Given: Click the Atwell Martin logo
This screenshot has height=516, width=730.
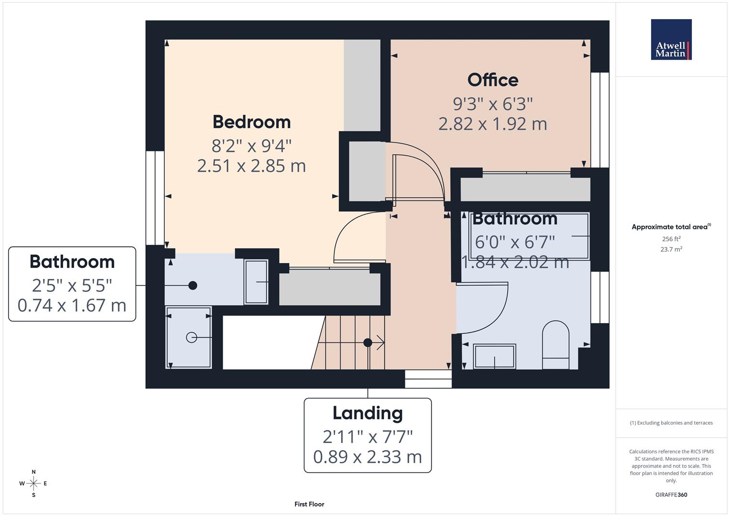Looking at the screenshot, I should click(x=671, y=40).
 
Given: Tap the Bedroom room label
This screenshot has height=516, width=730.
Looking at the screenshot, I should click(x=251, y=122).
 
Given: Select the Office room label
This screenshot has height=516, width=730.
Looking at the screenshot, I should click(x=492, y=80).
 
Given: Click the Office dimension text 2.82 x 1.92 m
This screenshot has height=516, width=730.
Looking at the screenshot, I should click(x=492, y=124).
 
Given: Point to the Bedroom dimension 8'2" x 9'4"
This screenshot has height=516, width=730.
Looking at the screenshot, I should click(x=251, y=144).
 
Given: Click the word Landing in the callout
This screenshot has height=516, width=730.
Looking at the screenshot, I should click(x=367, y=413).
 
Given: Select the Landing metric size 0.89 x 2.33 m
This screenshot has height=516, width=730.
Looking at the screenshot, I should click(x=367, y=457).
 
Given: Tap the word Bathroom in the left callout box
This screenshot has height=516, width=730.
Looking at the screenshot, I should click(x=72, y=262).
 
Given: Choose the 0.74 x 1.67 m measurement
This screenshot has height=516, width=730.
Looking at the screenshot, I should click(x=72, y=305).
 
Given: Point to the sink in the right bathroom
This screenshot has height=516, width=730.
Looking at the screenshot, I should click(x=494, y=356).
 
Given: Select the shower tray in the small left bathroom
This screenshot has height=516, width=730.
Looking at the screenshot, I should click(x=188, y=337).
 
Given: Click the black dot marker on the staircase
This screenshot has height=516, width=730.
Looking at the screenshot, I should click(x=367, y=343).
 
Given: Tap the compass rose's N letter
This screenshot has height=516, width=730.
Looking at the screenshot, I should click(x=33, y=472).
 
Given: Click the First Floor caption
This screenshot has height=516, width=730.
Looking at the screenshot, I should click(x=309, y=504).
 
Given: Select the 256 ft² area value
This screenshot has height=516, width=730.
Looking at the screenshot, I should click(x=671, y=239).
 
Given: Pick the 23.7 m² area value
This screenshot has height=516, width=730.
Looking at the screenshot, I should click(x=671, y=249).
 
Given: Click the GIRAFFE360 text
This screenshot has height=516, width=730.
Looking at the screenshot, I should click(x=671, y=494).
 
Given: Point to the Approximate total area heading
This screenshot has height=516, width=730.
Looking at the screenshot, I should click(x=671, y=227).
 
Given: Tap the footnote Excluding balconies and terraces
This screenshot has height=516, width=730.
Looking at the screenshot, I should click(x=671, y=423).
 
